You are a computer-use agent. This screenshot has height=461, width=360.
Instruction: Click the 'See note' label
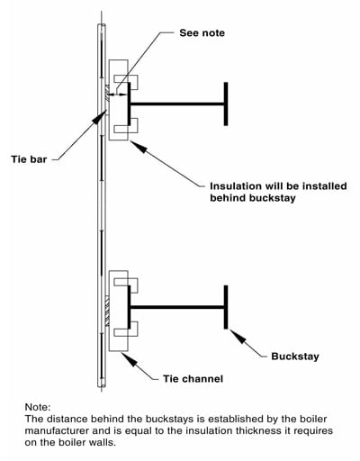coord(202,32)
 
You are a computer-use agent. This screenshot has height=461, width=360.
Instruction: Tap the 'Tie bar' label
coord(29,159)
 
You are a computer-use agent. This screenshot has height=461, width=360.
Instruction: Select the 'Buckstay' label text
coord(295,357)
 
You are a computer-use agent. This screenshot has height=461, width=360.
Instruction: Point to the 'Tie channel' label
coord(193,378)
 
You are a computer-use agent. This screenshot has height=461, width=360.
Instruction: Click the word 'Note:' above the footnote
coord(38,407)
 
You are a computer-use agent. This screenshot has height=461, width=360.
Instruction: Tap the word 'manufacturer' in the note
coord(57,430)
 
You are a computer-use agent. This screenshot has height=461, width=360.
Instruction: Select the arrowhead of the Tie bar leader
coord(100,117)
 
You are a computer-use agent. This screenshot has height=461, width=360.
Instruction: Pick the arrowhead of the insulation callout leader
coord(139,148)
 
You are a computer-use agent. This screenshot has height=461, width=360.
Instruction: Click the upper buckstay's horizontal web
coord(177,104)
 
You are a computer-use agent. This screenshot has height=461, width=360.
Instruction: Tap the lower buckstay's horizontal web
coord(177,307)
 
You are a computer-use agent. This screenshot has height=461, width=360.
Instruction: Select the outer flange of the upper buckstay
coord(226,104)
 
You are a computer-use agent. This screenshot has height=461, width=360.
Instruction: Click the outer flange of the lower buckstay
coord(226,307)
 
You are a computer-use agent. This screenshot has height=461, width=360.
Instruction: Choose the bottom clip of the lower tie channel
coord(126,330)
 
